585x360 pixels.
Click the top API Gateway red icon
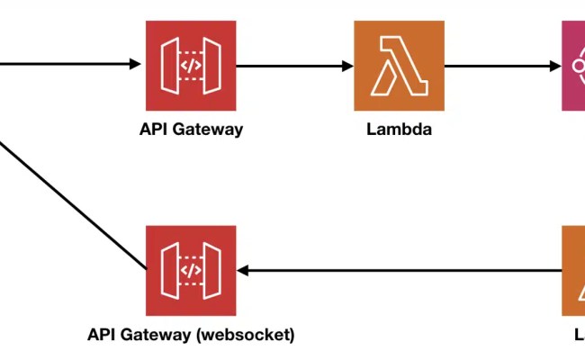(x=191, y=65)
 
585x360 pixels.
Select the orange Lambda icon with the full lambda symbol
(x=399, y=65)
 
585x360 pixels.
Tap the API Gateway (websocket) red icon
(x=191, y=270)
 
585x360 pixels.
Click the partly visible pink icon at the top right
(x=573, y=65)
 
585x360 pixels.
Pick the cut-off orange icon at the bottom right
(x=573, y=270)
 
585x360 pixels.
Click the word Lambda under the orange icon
(x=399, y=129)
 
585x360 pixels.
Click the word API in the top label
(x=152, y=129)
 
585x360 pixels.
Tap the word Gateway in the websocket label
(x=160, y=335)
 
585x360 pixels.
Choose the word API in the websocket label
(x=101, y=335)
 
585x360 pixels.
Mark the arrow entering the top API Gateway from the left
(x=72, y=65)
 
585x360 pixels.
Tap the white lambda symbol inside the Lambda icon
(x=399, y=65)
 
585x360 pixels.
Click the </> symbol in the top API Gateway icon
(x=191, y=65)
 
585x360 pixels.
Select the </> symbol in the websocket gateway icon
(x=191, y=270)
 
